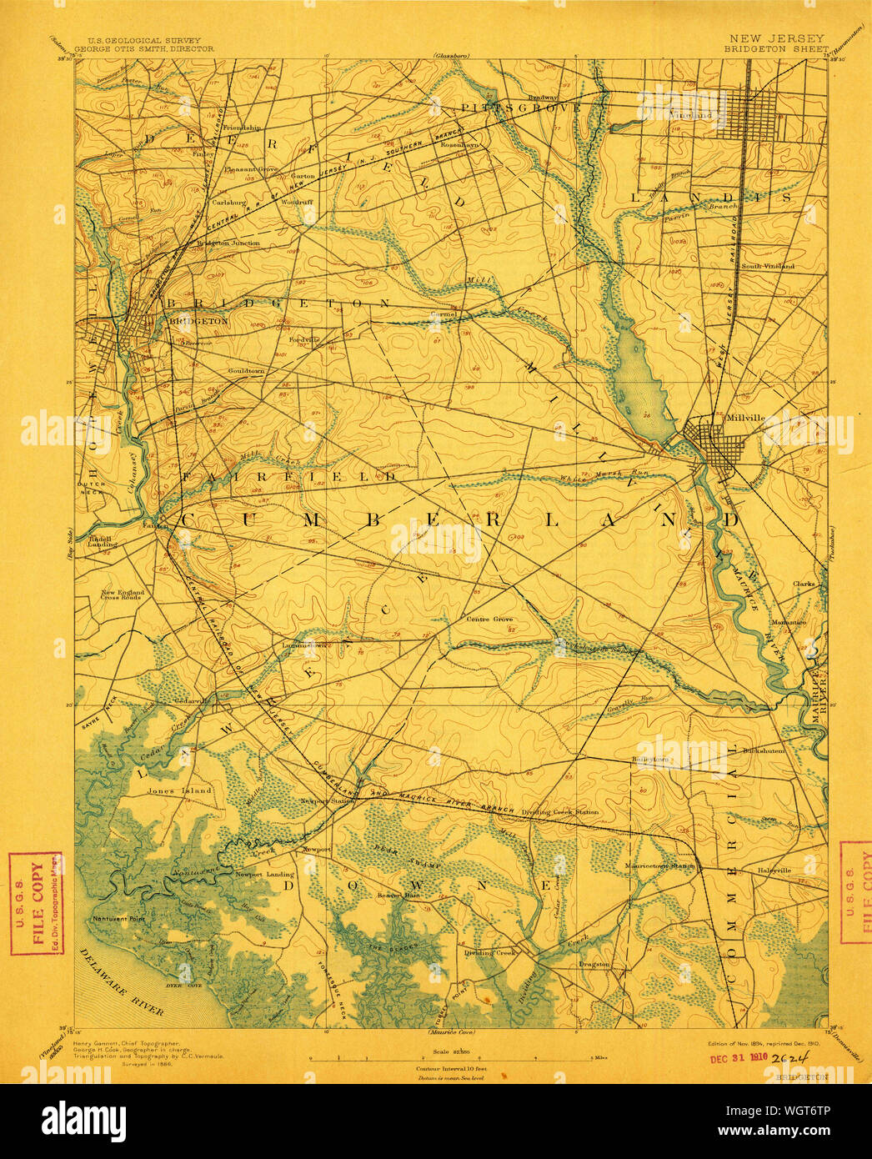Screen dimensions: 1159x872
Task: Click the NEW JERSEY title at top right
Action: [x=776, y=38]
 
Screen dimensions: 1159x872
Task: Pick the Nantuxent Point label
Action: [x=117, y=918]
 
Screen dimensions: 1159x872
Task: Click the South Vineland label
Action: [x=768, y=266]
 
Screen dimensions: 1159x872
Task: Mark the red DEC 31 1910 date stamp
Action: [x=739, y=1058]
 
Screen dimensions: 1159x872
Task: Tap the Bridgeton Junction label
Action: [x=228, y=243]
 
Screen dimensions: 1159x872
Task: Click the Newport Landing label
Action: [x=264, y=874]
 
